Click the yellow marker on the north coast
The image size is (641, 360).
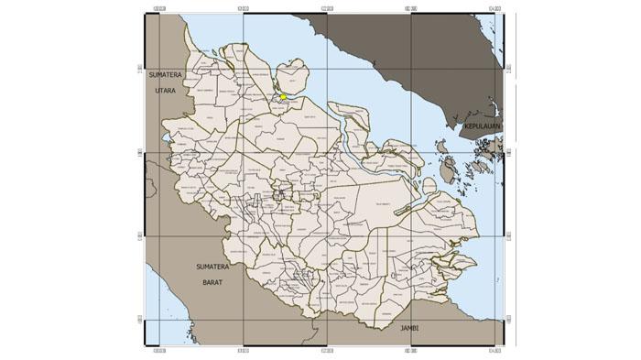click(x=284, y=96)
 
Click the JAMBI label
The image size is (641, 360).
click(x=403, y=327)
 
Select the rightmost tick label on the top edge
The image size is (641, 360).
click(x=495, y=11)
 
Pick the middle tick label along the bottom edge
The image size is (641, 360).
click(x=327, y=349)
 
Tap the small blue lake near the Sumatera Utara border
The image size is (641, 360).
click(x=166, y=139)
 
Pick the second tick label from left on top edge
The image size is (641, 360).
click(x=243, y=11)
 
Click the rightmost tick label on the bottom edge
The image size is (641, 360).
click(x=495, y=349)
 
